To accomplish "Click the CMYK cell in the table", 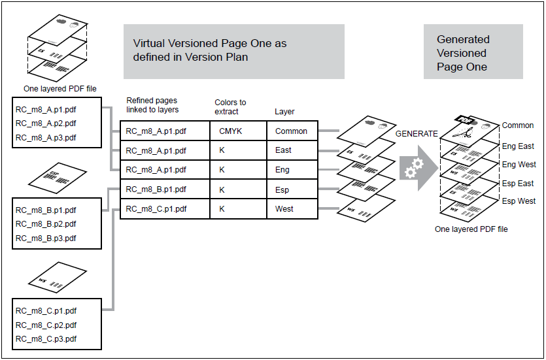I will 231,131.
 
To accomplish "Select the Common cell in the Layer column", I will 291,131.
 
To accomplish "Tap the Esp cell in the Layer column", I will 282,190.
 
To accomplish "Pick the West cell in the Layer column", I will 284,210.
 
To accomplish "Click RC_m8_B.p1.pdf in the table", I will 156,190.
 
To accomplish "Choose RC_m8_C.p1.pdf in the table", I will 156,210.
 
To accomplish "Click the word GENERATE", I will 417,133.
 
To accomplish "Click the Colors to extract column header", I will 230,106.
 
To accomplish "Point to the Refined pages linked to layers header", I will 152,105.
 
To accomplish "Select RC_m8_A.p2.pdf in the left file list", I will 46,123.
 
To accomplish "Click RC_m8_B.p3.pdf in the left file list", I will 46,238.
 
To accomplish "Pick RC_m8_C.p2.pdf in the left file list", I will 46,325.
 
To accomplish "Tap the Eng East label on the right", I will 518,146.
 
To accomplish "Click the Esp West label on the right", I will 518,201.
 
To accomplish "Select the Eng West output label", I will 519,165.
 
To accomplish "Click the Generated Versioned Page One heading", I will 463,53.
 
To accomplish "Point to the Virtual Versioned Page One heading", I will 210,50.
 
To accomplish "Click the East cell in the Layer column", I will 283,150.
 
